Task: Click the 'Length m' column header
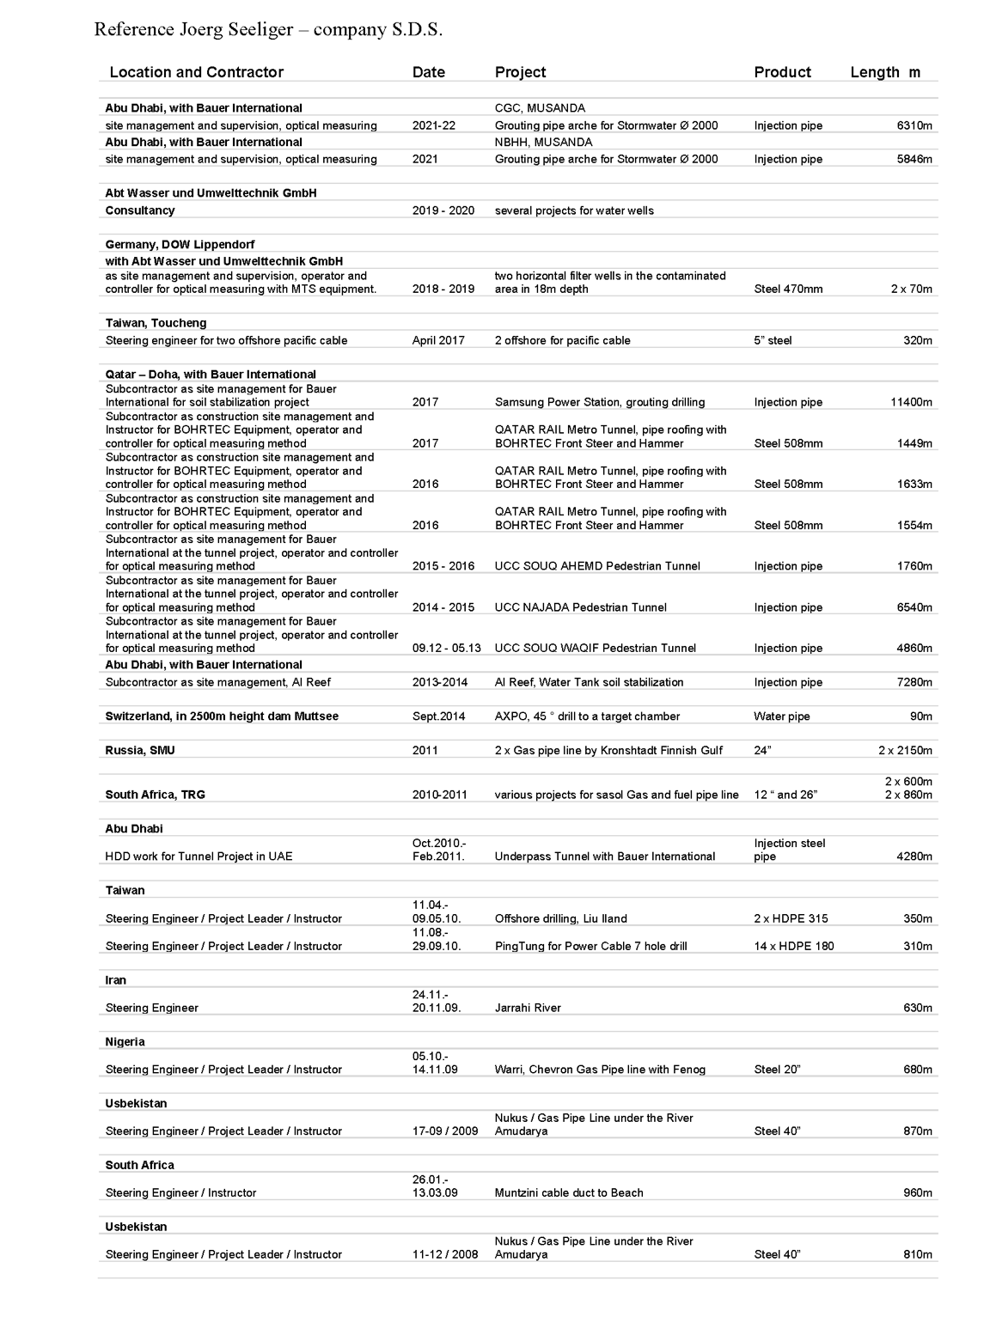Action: (x=884, y=72)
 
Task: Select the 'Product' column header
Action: (x=782, y=72)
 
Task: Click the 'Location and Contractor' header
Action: (x=196, y=72)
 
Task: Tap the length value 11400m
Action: (x=911, y=402)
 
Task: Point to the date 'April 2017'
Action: (x=438, y=340)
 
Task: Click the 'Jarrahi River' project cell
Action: (x=528, y=1008)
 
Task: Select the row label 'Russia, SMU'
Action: (x=140, y=750)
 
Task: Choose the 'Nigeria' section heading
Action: (x=125, y=1041)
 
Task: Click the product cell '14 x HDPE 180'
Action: (x=793, y=946)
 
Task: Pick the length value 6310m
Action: (x=914, y=125)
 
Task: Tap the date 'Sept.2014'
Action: (x=438, y=716)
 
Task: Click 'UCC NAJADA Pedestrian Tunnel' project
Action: (x=580, y=607)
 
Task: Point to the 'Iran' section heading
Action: (x=115, y=980)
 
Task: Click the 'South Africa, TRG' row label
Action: (x=155, y=795)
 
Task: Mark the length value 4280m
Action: (x=914, y=857)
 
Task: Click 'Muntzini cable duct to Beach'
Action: (x=568, y=1192)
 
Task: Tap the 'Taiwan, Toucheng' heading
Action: (x=156, y=323)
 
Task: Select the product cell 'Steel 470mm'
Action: (x=788, y=290)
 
